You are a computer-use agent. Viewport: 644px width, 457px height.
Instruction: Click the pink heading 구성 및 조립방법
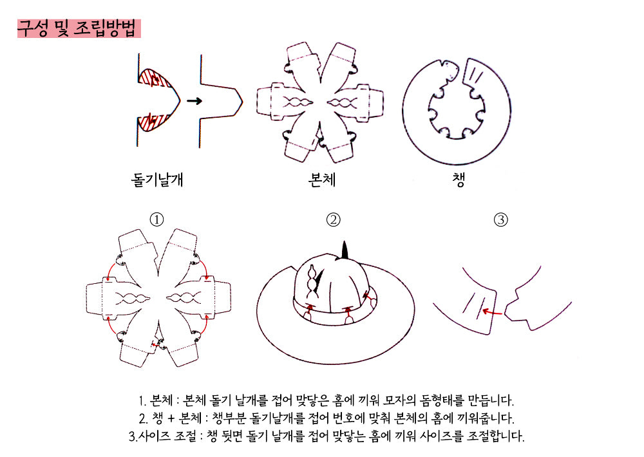(79, 29)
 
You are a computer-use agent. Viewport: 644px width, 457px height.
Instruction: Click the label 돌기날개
(157, 180)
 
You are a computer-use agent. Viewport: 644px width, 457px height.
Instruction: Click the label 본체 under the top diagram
(322, 180)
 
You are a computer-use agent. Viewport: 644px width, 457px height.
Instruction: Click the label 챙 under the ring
(459, 180)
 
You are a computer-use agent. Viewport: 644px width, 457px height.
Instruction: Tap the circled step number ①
(156, 219)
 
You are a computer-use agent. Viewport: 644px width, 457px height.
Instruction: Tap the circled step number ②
(333, 219)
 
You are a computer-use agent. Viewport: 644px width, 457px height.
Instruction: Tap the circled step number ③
(500, 219)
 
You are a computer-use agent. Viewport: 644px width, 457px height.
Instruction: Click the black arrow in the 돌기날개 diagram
(194, 101)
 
